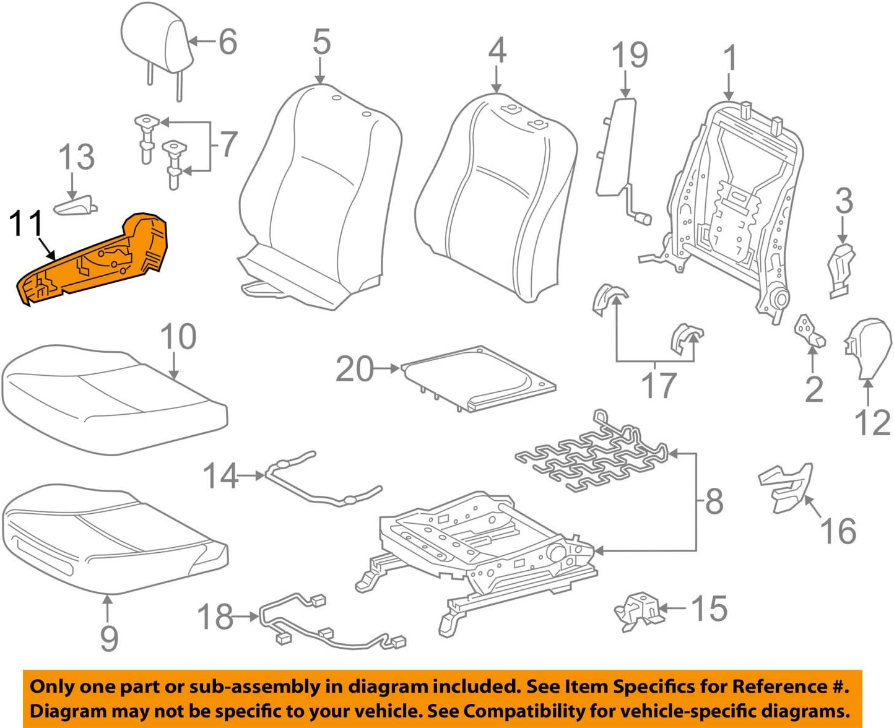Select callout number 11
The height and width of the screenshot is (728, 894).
click(x=27, y=224)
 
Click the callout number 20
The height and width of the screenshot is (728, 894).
click(x=355, y=369)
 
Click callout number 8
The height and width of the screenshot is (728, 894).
click(x=714, y=501)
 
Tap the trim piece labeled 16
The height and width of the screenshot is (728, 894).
click(x=785, y=486)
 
